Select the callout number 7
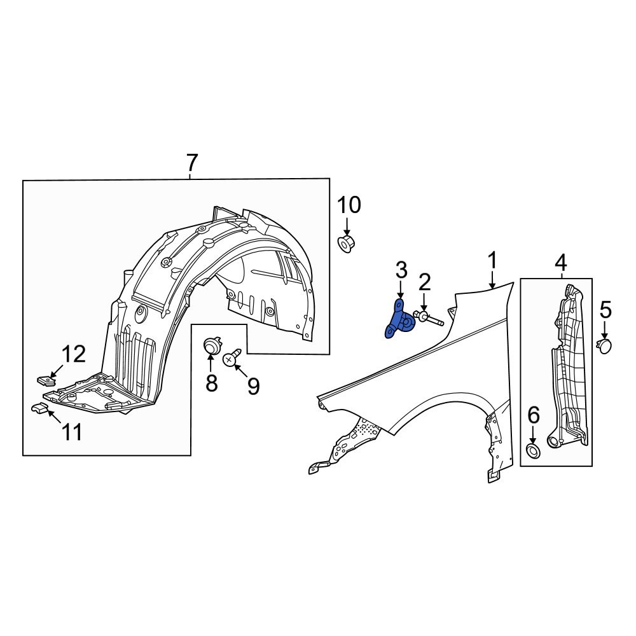click(x=192, y=164)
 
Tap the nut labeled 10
click(x=346, y=242)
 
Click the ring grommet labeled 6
click(x=533, y=452)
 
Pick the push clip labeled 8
click(x=211, y=347)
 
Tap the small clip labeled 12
click(x=45, y=380)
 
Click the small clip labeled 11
click(x=39, y=408)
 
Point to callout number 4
click(x=560, y=262)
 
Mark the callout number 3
click(x=401, y=270)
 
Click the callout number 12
click(x=74, y=354)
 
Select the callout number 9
click(x=253, y=386)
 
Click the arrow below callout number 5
click(x=605, y=331)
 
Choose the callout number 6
click(x=533, y=416)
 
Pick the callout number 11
click(x=71, y=432)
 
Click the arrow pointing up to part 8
click(x=211, y=364)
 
